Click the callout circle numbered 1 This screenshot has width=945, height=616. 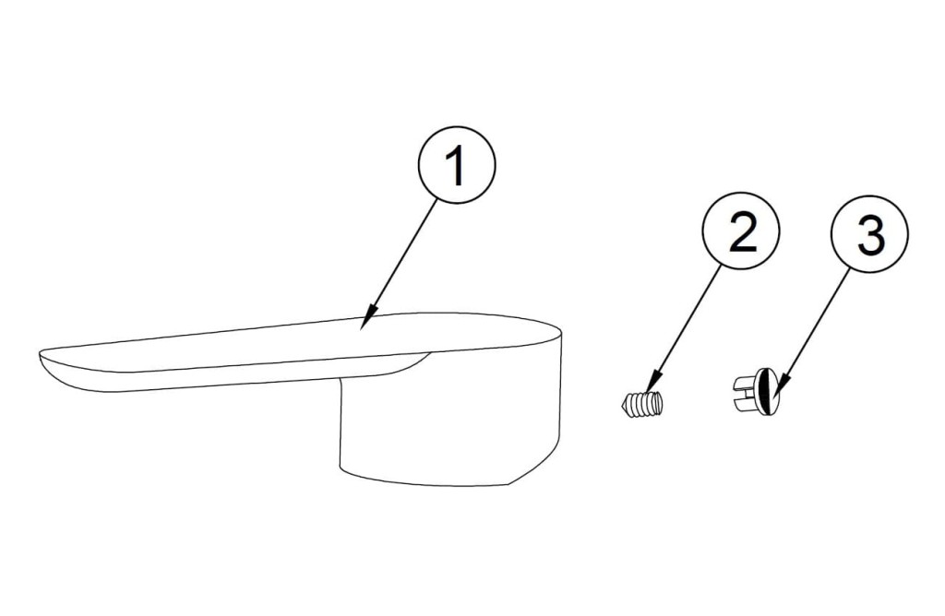(456, 164)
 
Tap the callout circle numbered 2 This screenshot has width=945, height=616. (741, 231)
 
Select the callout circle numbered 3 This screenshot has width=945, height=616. (869, 232)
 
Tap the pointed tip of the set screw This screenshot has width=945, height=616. (621, 405)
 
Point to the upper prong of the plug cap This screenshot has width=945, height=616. (745, 382)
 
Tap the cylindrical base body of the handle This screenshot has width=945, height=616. (450, 421)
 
